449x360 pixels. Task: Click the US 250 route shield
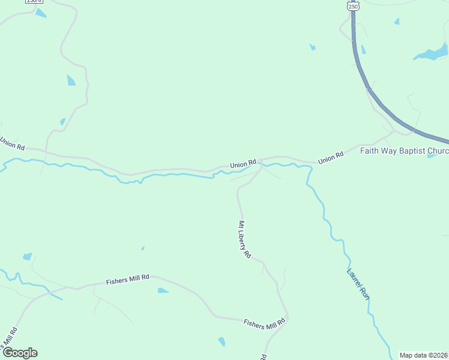click(352, 5)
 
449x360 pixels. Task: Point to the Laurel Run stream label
click(358, 283)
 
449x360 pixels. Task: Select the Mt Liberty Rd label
click(244, 239)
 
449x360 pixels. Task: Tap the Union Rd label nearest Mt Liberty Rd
click(243, 163)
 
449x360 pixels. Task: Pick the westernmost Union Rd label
click(12, 144)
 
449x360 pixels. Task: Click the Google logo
click(20, 352)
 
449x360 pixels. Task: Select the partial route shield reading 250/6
click(34, 2)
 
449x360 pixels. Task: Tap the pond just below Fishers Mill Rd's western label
click(163, 291)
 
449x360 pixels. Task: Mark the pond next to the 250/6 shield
click(41, 13)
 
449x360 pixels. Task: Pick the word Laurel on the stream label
click(354, 274)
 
